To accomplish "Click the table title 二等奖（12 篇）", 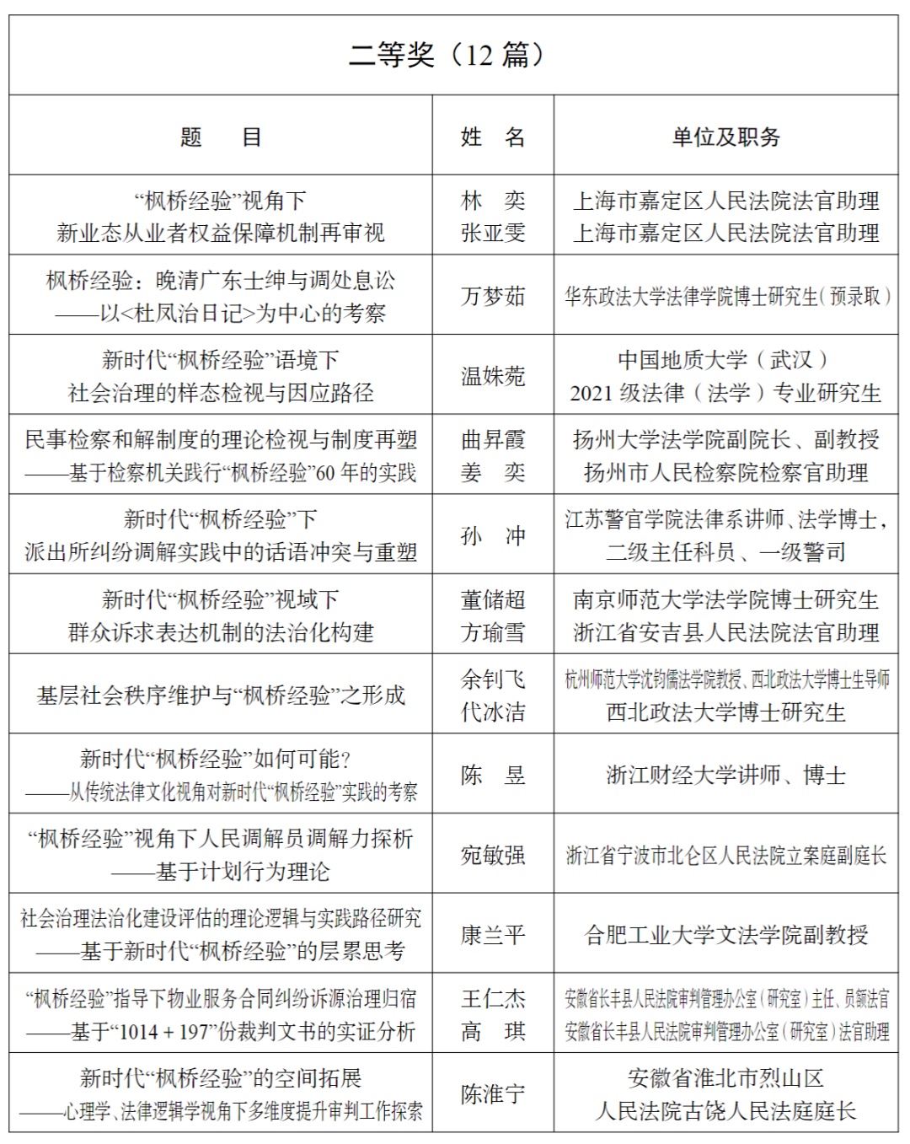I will [x=447, y=55].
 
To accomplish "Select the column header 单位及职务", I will [x=725, y=137].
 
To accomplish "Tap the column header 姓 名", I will [x=493, y=137].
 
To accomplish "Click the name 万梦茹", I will [x=493, y=297].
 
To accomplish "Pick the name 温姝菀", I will [x=493, y=376].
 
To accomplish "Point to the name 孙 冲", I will [x=493, y=536].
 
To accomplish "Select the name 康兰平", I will [x=493, y=935].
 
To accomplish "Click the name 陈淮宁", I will [x=493, y=1094].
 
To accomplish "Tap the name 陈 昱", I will [x=493, y=776].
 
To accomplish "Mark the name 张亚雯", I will [x=493, y=233].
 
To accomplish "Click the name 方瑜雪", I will [x=493, y=632].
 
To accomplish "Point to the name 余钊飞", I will [x=493, y=679].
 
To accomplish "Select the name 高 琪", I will [x=493, y=1031].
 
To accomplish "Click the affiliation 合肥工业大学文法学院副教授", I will [x=725, y=935].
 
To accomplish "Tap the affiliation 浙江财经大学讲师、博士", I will [x=725, y=776].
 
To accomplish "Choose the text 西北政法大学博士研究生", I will [x=725, y=712].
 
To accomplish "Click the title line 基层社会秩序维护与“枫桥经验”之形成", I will [x=221, y=696].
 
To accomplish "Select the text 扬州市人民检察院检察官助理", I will [x=725, y=472].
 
